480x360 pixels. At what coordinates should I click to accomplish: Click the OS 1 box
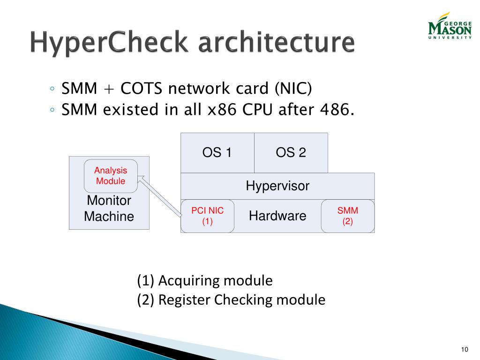point(217,153)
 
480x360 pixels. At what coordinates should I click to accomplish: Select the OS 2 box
point(291,153)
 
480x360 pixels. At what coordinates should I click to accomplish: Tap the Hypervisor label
point(277,186)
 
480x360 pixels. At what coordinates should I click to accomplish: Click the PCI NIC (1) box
point(208,216)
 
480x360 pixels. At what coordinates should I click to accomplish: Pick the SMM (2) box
point(347,216)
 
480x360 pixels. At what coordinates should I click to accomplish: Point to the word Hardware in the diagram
point(277,216)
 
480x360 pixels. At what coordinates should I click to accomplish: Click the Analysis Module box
point(111,176)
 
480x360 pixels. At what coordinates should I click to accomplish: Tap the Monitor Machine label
point(109,209)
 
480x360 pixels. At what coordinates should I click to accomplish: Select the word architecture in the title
point(276,43)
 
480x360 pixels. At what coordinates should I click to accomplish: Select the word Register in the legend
point(185,300)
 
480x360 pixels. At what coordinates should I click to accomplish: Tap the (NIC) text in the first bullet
point(293,88)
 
